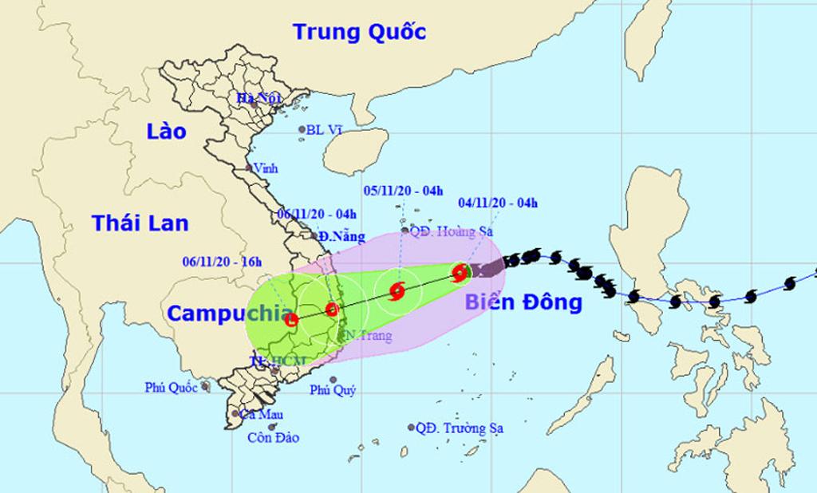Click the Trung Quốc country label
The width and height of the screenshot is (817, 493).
(359, 32)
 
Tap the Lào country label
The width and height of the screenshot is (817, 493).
(166, 132)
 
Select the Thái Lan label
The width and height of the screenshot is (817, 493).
(140, 223)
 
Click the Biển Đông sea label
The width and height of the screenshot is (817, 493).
(523, 302)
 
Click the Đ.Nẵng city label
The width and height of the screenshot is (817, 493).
(341, 237)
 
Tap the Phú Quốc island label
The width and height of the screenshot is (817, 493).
(172, 388)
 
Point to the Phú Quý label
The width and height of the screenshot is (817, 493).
(333, 390)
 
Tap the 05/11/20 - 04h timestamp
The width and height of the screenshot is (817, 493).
(403, 190)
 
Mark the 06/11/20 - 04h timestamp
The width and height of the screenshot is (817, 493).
(317, 213)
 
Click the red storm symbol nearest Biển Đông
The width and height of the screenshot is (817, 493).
(460, 273)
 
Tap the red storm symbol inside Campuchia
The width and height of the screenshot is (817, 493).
(291, 320)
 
